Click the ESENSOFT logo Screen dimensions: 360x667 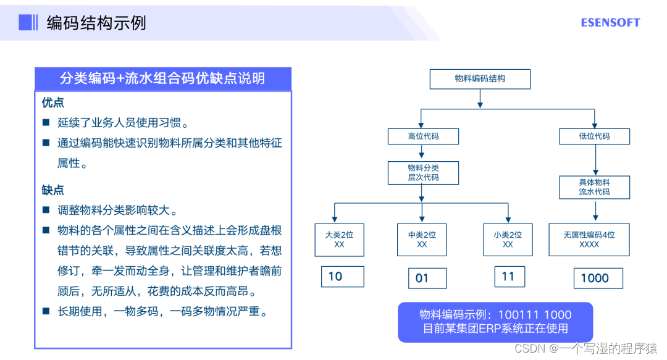tap(610, 23)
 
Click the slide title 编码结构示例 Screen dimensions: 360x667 tap(96, 23)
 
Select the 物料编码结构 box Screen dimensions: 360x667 tap(480, 79)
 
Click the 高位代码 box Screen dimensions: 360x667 tap(423, 136)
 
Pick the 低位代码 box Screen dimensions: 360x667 tap(594, 136)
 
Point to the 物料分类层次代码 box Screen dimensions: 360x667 tap(423, 172)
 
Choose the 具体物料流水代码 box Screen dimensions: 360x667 tap(594, 187)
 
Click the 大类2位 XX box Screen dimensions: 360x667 tap(339, 240)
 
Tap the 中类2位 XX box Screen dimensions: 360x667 tap(422, 240)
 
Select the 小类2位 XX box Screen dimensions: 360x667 tap(508, 240)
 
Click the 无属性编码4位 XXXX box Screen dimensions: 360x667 tap(589, 240)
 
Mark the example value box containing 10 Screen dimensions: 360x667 tap(342, 277)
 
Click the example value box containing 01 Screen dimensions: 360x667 tap(427, 278)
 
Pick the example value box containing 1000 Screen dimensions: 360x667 tap(598, 278)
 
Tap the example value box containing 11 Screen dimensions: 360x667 tap(510, 277)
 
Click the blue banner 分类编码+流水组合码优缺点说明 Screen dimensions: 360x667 tap(163, 78)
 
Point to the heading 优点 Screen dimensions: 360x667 tap(52, 103)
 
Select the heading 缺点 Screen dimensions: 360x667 tap(52, 190)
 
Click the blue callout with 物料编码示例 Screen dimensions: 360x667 tap(495, 322)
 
